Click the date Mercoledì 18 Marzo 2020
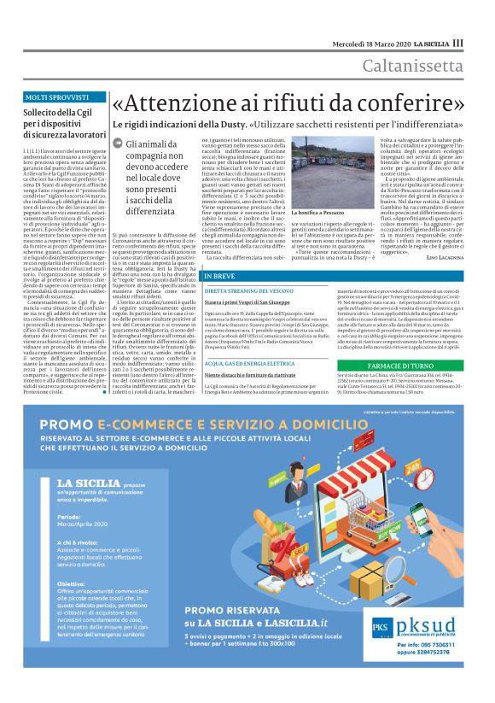[x=371, y=42]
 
